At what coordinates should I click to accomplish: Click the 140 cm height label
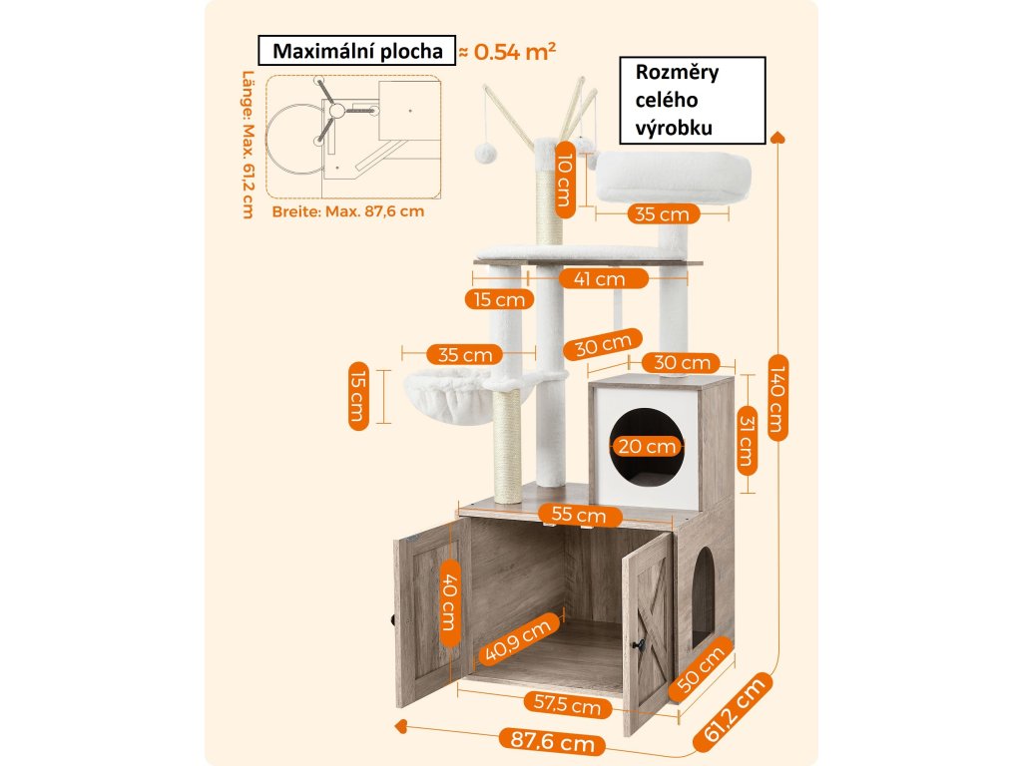click(776, 395)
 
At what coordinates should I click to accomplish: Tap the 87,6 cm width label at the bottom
click(551, 740)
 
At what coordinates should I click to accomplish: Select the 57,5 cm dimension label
click(567, 705)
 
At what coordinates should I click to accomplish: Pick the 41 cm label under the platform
click(597, 279)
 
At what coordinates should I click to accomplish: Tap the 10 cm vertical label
click(564, 177)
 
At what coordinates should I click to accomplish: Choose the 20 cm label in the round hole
click(647, 446)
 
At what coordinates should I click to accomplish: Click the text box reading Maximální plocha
click(353, 52)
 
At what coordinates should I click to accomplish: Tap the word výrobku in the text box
click(674, 128)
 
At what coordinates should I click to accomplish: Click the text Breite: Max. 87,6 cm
click(347, 211)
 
